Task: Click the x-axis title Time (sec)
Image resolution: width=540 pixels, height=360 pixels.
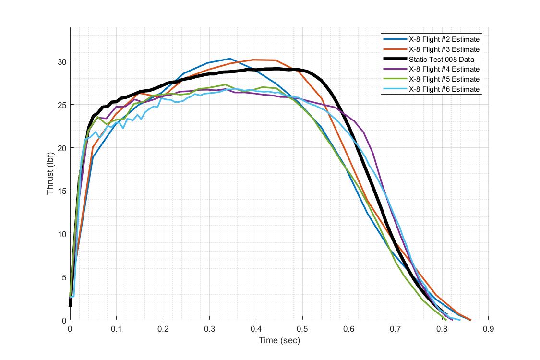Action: coord(279,341)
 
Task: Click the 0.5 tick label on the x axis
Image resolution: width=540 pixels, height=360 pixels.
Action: coord(302,329)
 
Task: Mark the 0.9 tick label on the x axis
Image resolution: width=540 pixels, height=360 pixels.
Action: coord(488,329)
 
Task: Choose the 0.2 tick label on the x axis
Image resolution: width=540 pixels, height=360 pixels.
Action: coord(163,329)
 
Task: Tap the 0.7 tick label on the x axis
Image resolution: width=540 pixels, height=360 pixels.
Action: coord(396,329)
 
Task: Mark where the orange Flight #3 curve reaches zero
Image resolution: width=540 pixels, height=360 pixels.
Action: coord(470,320)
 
